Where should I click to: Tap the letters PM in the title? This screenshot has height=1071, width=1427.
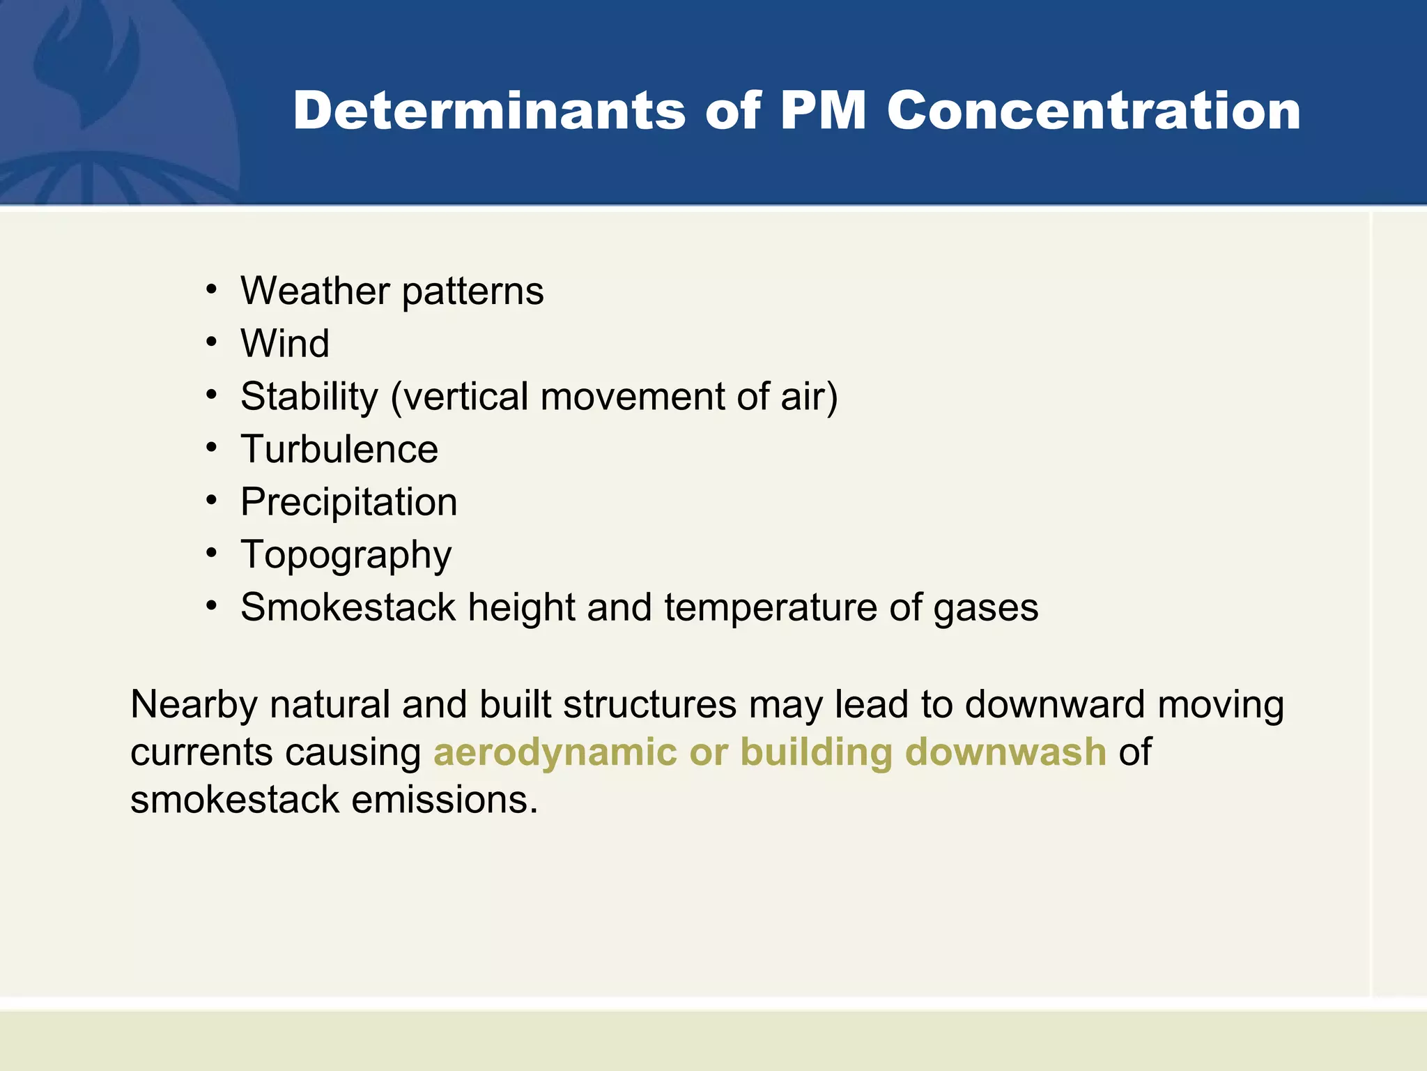coord(823,111)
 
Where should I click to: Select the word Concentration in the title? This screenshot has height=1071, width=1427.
coord(1093,111)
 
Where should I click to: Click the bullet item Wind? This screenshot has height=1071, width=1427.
coord(285,344)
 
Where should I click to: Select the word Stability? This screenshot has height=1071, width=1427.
coord(309,397)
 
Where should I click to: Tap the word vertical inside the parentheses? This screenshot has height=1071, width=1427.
coord(465,397)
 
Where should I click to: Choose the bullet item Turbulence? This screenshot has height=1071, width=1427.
coord(339,449)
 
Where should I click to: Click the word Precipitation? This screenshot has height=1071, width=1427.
coord(348,502)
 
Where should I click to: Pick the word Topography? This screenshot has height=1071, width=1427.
coord(346,556)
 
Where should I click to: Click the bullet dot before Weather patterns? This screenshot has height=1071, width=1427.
coord(212,290)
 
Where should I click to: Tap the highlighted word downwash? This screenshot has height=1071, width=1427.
coord(1005,752)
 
